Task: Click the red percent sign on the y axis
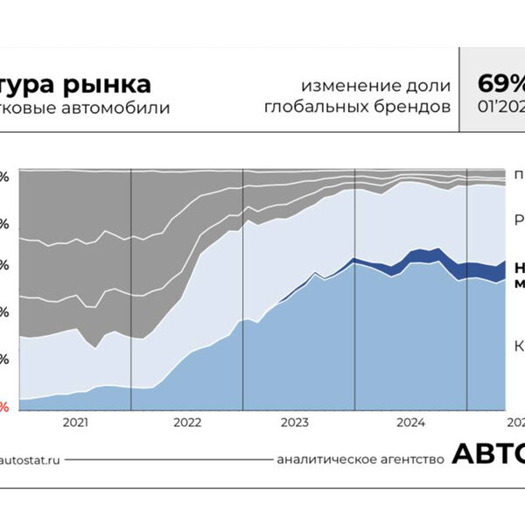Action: click(4, 407)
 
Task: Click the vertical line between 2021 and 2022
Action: click(131, 289)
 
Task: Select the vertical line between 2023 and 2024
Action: click(355, 289)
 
